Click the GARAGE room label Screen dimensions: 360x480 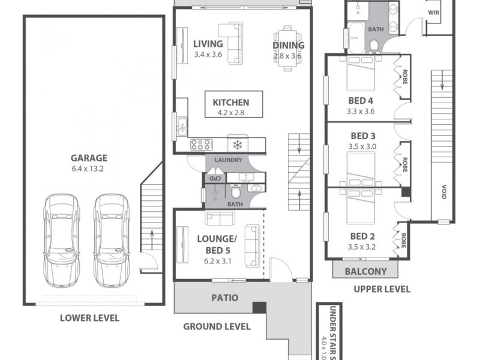point(89,158)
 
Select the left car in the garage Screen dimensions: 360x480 point(61,240)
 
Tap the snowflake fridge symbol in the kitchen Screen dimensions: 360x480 point(237,145)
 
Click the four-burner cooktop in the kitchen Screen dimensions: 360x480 point(200,145)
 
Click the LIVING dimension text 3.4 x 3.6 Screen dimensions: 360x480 point(208,55)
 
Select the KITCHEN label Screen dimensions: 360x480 point(230,102)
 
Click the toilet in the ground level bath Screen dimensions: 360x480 point(236,193)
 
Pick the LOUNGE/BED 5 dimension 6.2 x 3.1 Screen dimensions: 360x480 point(217,261)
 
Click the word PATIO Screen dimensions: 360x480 point(224,298)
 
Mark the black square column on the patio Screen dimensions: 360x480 point(259,307)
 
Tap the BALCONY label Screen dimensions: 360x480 point(365,271)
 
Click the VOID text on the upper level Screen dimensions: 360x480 point(445,193)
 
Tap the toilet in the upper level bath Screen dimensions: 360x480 point(373,45)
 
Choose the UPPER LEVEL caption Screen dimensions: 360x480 point(382,289)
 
